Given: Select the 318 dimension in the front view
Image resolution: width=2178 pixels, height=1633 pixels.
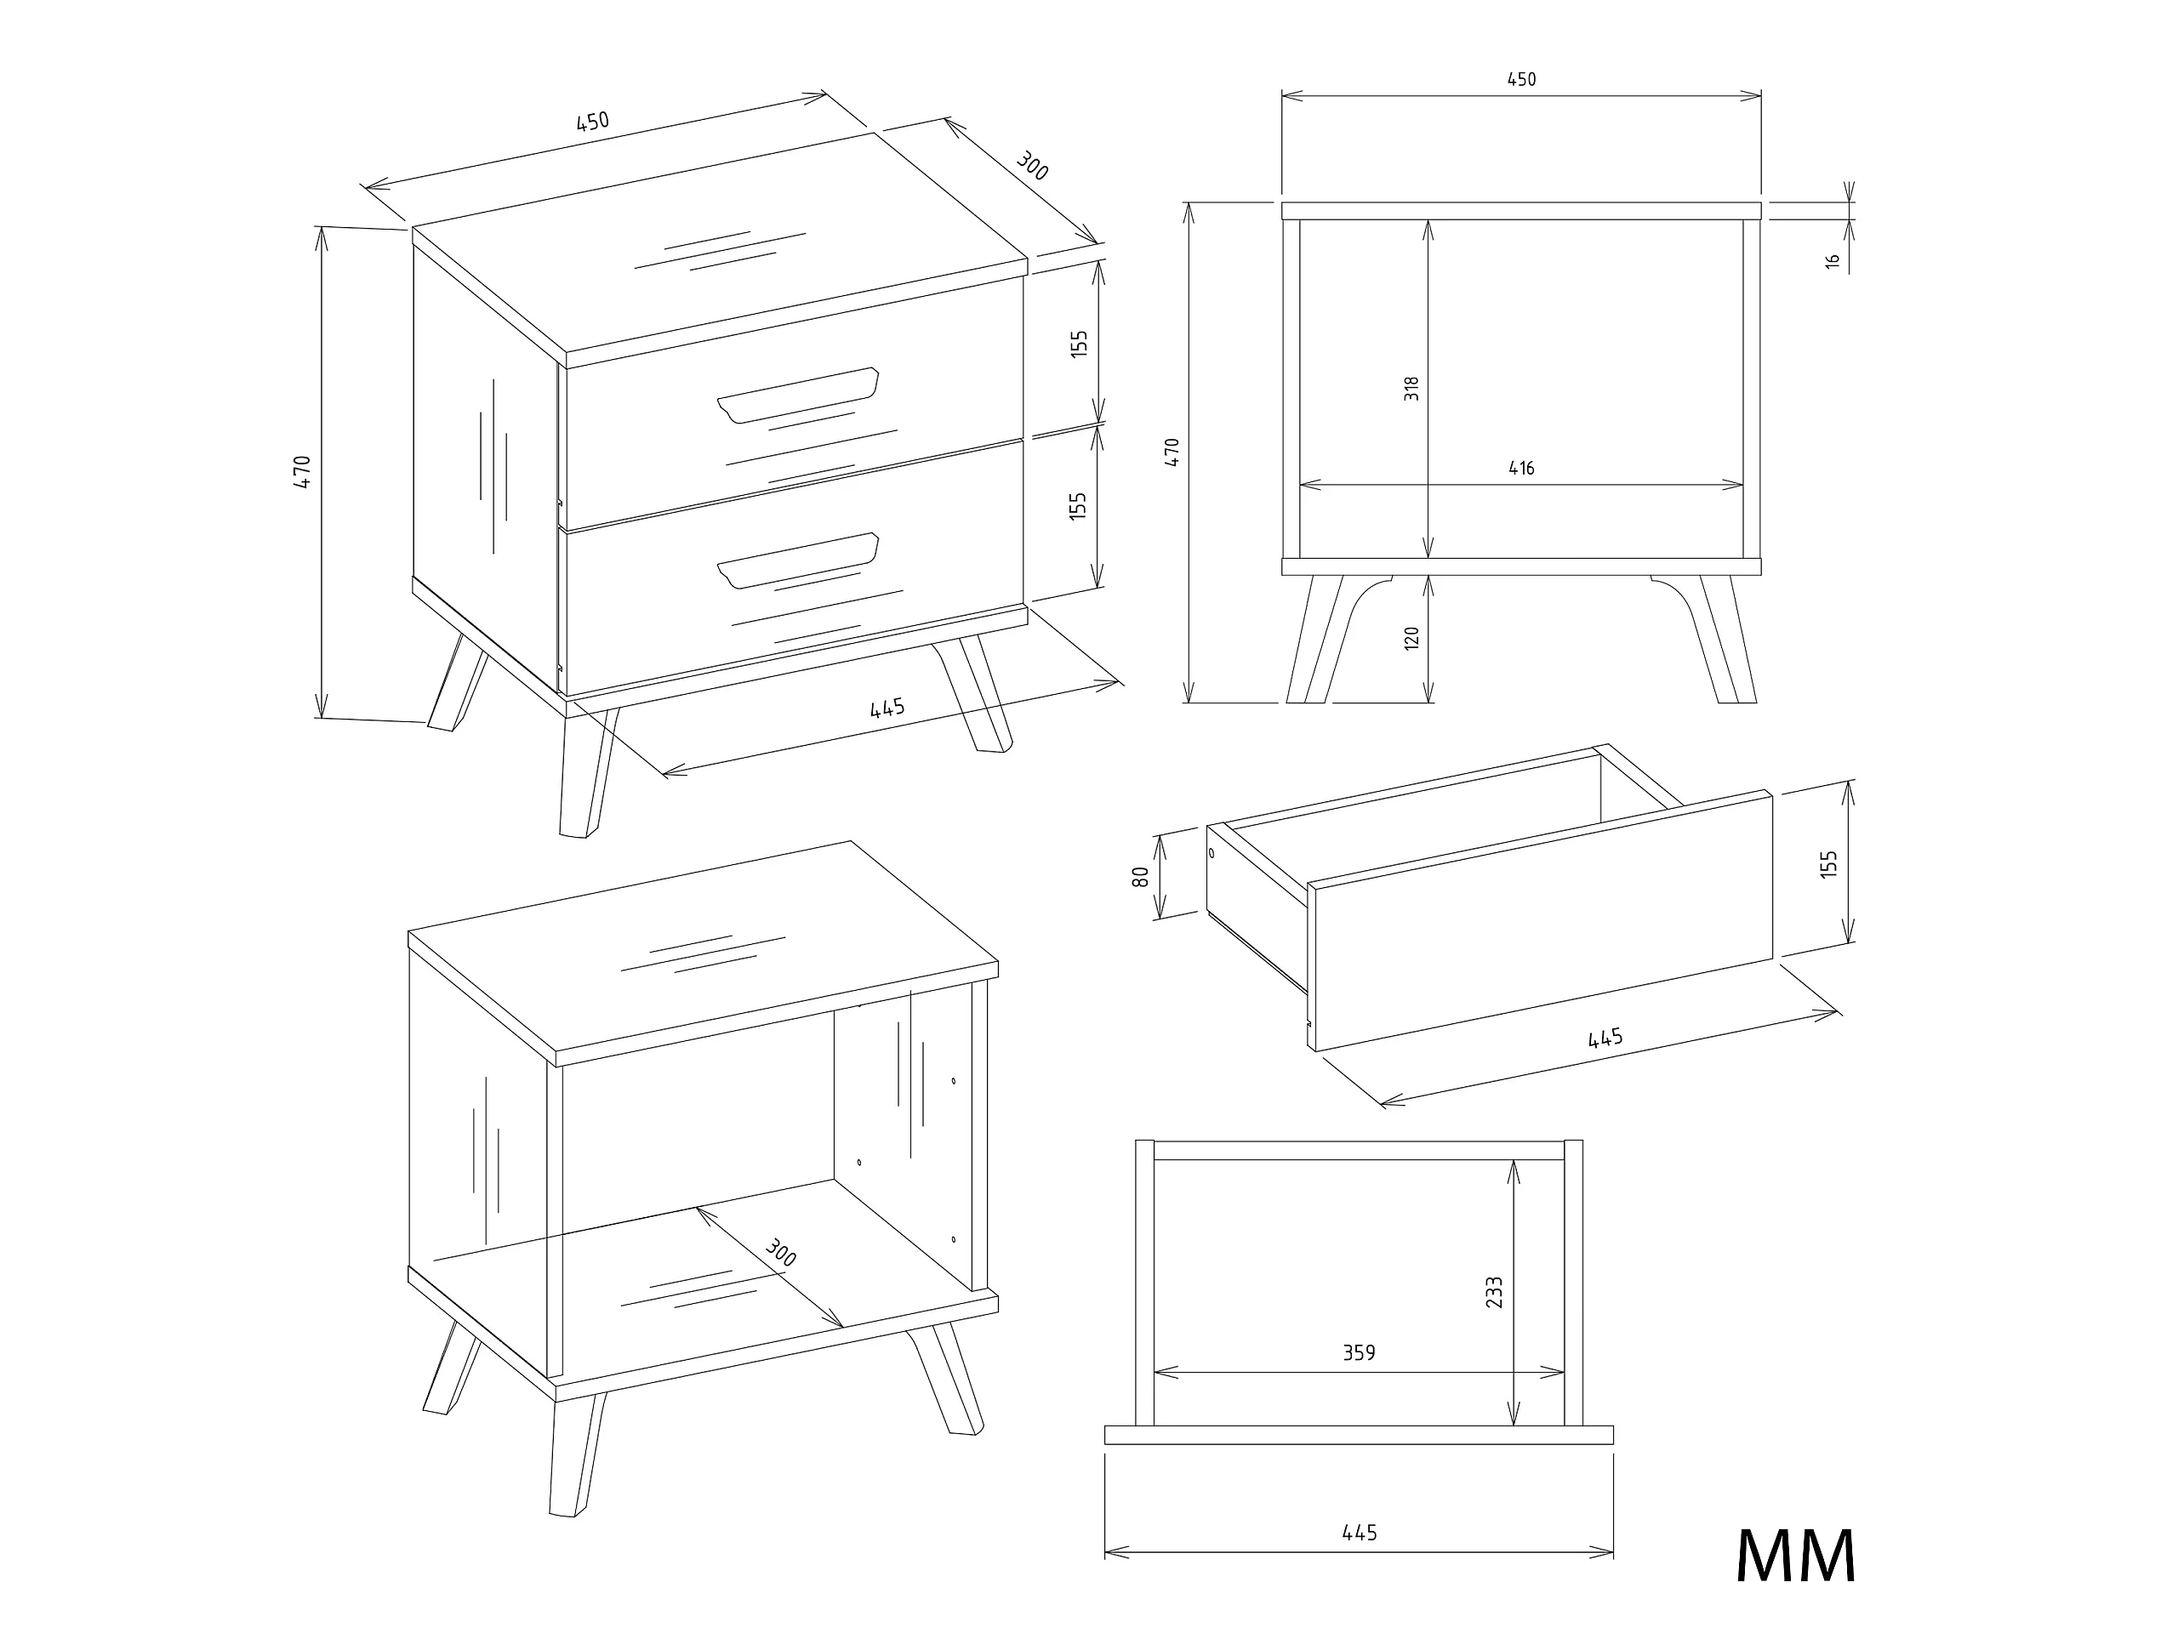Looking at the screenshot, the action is tap(1412, 388).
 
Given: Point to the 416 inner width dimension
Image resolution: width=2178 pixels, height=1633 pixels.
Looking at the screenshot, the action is tap(1521, 469).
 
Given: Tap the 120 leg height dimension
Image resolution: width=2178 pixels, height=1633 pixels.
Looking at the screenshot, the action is tap(1412, 638).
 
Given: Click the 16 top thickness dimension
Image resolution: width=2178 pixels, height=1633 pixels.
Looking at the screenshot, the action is tap(1833, 262).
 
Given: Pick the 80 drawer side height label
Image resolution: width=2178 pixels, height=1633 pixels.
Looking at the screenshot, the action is tap(1140, 876).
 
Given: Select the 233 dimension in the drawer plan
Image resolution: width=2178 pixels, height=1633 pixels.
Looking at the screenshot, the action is tap(1495, 1291).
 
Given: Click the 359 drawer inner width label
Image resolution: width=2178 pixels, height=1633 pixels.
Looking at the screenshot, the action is tap(1359, 1353).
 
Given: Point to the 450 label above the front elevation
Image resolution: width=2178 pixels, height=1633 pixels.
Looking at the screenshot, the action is tap(1521, 80).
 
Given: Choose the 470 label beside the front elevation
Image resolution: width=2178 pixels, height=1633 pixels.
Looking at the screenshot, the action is tap(1172, 452).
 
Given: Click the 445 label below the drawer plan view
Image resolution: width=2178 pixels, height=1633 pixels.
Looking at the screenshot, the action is tap(1359, 1533).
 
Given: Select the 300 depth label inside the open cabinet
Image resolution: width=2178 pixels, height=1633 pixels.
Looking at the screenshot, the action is tap(780, 1252).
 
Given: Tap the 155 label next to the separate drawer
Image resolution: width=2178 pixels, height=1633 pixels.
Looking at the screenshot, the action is tap(1829, 864).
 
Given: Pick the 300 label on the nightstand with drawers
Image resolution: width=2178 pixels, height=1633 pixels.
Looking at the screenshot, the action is tap(1031, 165).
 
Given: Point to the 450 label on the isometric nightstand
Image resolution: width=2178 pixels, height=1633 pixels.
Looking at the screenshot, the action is tap(592, 121).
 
